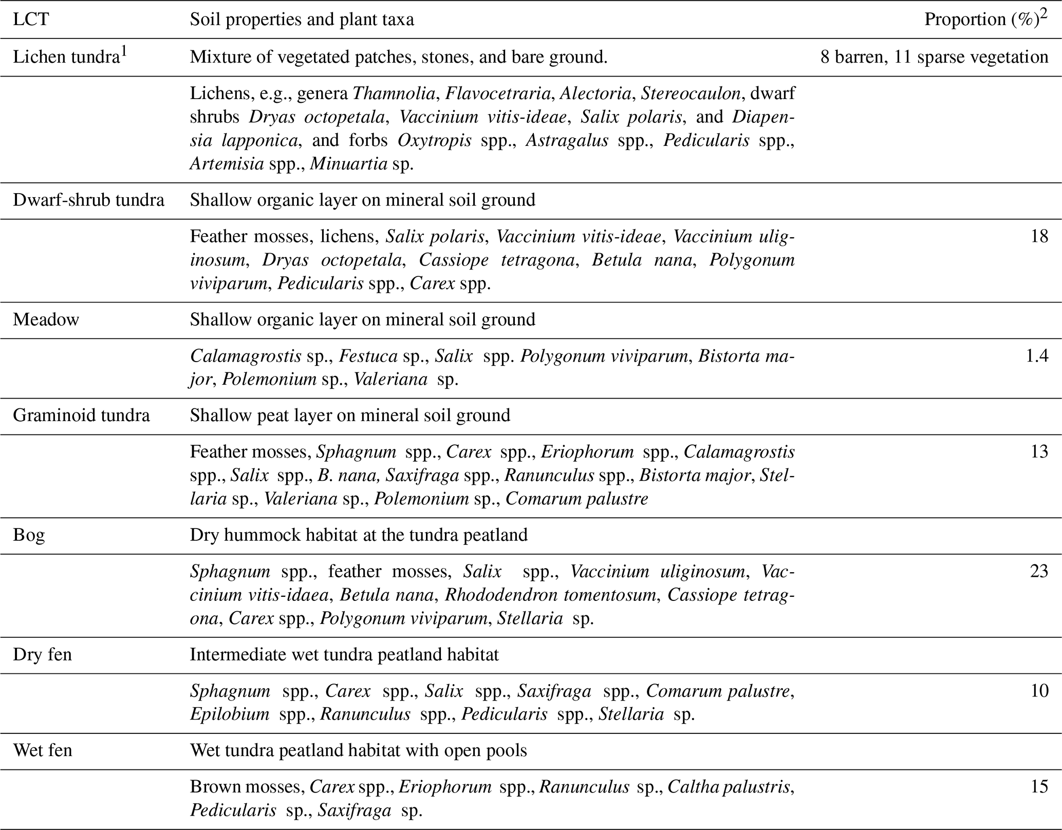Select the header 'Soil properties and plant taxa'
[x=302, y=20]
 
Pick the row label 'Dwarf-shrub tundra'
[x=88, y=199]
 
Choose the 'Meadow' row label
[x=46, y=319]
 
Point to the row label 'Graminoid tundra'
[x=81, y=415]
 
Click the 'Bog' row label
[x=29, y=535]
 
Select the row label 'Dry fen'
[x=42, y=655]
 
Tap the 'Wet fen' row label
[x=43, y=750]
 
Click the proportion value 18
[x=1039, y=236]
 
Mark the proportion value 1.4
[x=1036, y=356]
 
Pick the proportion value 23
[x=1039, y=571]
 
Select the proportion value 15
[x=1039, y=786]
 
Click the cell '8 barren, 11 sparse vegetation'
[x=934, y=57]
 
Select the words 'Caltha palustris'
[x=729, y=786]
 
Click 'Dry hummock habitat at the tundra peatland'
[x=359, y=535]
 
